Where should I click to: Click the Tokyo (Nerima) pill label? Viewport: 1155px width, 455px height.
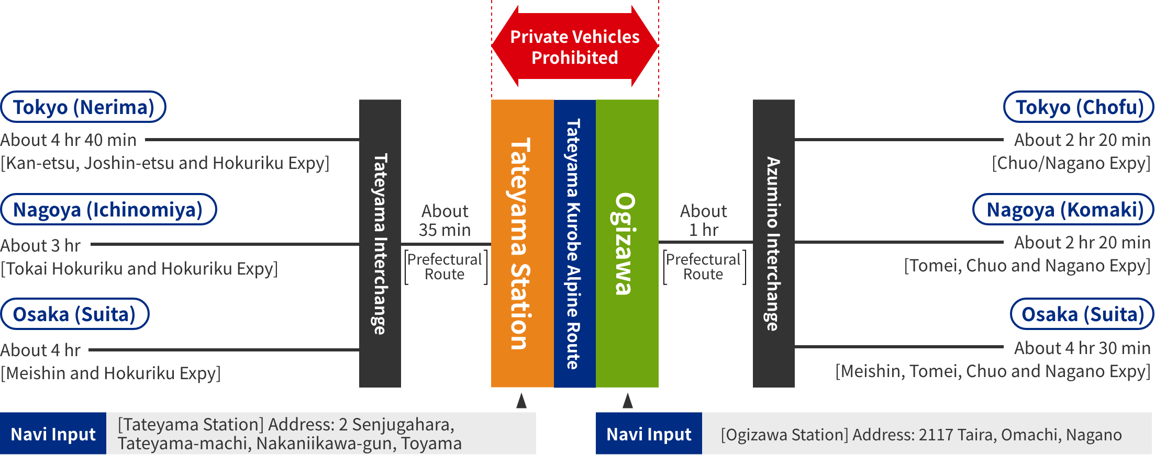[x=83, y=107]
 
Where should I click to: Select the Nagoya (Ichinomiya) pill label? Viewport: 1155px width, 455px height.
[x=108, y=210]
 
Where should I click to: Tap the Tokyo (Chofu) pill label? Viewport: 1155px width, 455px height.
[x=1079, y=107]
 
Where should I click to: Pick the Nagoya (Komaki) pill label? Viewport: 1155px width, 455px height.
[x=1063, y=210]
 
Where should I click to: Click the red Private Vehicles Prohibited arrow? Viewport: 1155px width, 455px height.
[x=575, y=47]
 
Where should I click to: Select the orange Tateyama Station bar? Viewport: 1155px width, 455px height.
[x=522, y=243]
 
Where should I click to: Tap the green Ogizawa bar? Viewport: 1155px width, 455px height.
[x=627, y=243]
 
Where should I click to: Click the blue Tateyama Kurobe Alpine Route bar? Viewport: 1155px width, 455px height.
[x=574, y=243]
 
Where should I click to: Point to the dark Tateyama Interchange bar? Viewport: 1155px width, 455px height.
[x=380, y=243]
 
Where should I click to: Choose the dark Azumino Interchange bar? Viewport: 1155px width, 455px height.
[x=773, y=243]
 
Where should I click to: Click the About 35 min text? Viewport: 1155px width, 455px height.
[x=445, y=220]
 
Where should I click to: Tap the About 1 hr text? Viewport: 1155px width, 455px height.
[x=704, y=220]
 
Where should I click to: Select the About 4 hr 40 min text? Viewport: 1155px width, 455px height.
[x=69, y=140]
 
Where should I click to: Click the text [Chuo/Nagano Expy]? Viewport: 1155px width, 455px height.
[x=1071, y=163]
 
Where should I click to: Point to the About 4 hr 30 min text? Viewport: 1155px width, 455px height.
[x=1082, y=348]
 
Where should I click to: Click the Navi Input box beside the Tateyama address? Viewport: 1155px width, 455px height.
[x=53, y=434]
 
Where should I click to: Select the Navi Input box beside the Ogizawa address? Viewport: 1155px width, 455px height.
[x=649, y=434]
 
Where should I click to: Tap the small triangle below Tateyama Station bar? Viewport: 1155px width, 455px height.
[x=521, y=401]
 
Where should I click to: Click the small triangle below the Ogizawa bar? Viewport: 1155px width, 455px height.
[x=628, y=401]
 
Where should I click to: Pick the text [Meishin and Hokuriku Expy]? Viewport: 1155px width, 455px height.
[x=110, y=373]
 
